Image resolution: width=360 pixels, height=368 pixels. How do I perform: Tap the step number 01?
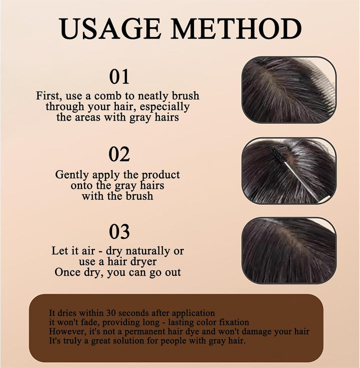point(119,77)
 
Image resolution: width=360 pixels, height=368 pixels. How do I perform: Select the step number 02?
point(119,154)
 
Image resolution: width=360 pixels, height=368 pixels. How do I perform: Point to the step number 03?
point(119,232)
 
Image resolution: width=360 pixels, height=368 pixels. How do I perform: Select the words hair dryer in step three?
point(131,261)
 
